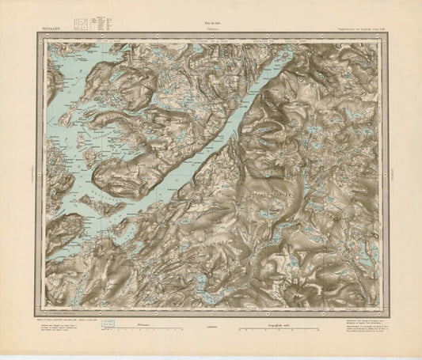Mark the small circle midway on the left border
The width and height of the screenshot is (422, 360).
[33, 171]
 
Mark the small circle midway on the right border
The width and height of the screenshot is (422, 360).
[389, 171]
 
